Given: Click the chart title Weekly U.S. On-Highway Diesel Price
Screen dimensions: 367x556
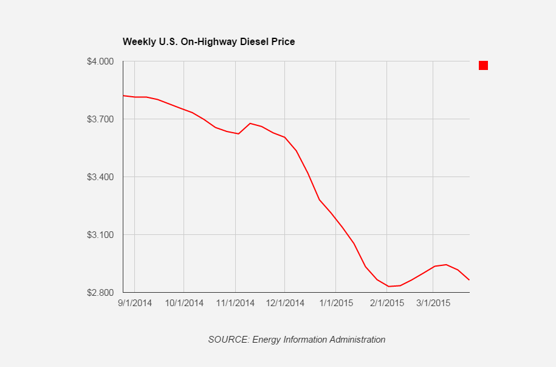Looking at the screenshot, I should coord(208,42).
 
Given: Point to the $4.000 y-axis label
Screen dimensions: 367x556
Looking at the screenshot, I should coord(101,61).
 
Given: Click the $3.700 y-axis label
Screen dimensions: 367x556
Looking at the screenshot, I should coord(101,119).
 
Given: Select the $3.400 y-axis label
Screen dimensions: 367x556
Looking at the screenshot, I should coord(101,177).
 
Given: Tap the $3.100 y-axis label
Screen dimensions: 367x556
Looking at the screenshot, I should coord(101,235).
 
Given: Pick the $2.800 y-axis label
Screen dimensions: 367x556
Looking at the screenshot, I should coord(101,293).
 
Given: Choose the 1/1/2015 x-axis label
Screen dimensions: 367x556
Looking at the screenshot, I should coord(336,302).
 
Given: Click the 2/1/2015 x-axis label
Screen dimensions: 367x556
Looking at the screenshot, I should coord(386,302).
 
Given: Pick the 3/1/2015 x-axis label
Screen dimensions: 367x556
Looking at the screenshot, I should coord(433,302).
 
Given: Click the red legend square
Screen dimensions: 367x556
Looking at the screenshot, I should coord(483,65).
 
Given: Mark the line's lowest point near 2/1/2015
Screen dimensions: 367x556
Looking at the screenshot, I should coord(388,286).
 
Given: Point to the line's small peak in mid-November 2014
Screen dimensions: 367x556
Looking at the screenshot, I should coord(250,124).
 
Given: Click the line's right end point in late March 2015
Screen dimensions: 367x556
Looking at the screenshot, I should coord(469,280).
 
